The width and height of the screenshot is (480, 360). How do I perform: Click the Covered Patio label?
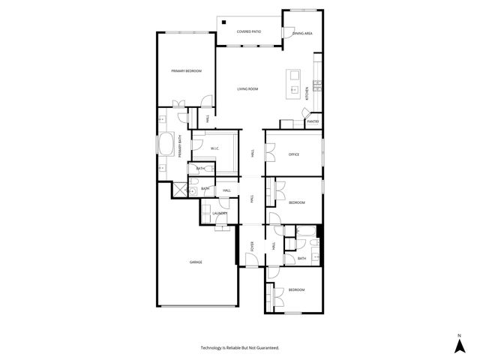coord(248,31)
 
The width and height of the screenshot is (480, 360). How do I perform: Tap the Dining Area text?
coord(301,33)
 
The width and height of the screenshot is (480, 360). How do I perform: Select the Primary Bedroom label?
coord(186,70)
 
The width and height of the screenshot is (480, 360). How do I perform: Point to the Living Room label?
coord(247,89)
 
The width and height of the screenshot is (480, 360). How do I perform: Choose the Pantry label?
coord(313,121)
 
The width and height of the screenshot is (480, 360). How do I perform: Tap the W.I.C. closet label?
coord(214,148)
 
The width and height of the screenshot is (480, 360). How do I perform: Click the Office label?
coord(294,154)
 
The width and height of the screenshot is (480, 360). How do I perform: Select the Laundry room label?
coord(220,213)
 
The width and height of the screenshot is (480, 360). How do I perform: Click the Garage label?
coord(196,262)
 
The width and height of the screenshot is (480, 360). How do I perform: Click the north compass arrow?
coord(459,346)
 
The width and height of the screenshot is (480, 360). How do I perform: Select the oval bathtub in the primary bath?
coord(167,143)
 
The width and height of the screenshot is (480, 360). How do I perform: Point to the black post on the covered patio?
coord(223,21)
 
